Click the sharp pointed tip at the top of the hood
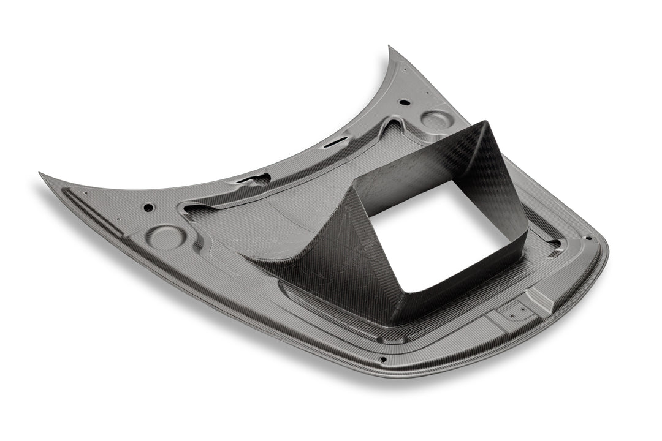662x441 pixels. [390, 48]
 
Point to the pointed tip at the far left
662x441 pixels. [42, 174]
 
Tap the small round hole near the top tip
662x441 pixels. [404, 102]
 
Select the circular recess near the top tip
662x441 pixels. [436, 119]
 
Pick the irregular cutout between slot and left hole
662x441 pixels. [253, 179]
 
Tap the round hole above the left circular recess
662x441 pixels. [148, 207]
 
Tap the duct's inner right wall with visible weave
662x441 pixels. [503, 184]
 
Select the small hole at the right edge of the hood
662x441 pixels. [588, 238]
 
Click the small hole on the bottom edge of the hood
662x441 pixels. [382, 360]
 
